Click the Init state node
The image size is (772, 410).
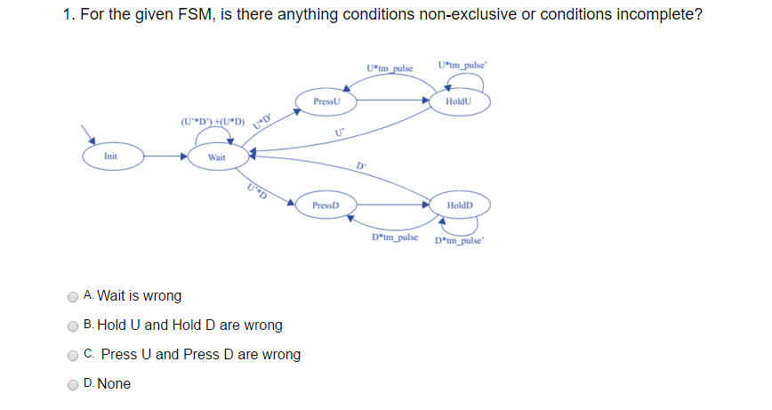[110, 156]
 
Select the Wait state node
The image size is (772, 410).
[216, 157]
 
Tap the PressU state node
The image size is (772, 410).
[326, 102]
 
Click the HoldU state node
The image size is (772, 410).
[460, 102]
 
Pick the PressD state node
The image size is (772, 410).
[326, 205]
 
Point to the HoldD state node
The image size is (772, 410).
[460, 205]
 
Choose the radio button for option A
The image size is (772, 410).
[73, 296]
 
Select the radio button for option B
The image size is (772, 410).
[73, 326]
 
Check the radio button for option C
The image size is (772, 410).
[73, 355]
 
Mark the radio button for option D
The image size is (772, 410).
[73, 384]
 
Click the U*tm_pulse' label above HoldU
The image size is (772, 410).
[462, 66]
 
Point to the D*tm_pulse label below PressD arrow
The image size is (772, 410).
[395, 237]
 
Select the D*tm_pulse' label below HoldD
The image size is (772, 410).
[460, 239]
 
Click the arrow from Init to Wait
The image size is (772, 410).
[165, 157]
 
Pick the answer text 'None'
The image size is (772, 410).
[114, 384]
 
